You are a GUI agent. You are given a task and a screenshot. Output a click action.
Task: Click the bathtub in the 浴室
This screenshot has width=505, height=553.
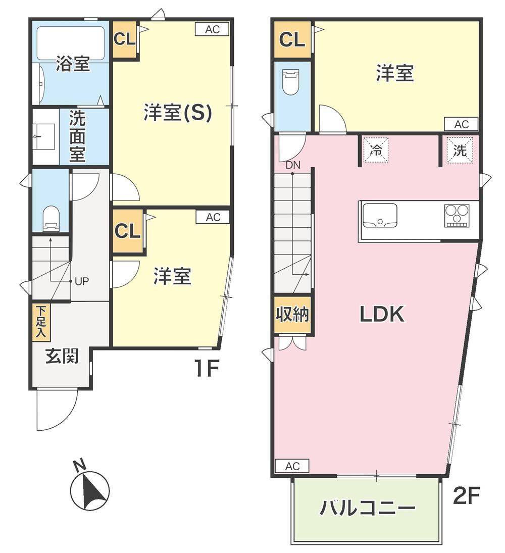point(71,43)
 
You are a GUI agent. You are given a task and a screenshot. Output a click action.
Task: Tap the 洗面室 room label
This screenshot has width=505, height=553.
point(77,136)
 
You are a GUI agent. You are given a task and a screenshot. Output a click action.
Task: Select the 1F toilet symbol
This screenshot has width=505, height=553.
point(51,219)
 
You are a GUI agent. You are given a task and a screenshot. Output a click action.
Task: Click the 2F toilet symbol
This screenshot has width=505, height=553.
point(291,82)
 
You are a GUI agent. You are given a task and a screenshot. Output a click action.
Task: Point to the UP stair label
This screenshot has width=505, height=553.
point(82,281)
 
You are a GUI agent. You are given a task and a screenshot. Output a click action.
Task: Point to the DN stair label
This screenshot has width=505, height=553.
point(293,165)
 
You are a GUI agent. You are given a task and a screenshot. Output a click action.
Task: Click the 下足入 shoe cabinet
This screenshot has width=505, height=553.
point(41,322)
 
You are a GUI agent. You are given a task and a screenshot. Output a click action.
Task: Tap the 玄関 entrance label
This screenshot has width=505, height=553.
point(62,357)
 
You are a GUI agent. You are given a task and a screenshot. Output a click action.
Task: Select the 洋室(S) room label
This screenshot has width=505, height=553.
point(178,112)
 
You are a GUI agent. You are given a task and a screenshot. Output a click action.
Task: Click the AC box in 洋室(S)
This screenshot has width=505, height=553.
point(212,29)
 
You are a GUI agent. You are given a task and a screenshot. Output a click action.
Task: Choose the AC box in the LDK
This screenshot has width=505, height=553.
point(292,466)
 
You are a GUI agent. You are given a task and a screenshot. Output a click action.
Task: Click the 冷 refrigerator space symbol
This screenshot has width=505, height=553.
point(376,150)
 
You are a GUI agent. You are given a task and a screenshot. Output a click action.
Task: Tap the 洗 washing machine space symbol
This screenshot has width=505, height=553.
point(460,150)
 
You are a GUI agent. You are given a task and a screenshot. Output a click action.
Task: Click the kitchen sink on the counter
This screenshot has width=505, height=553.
point(380,216)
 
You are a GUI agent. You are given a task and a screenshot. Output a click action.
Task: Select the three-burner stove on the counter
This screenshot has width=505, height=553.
point(457,216)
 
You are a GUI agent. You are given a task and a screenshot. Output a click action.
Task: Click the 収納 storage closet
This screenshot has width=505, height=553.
point(293,315)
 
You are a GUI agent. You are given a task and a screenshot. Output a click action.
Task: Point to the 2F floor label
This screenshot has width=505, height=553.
point(466,495)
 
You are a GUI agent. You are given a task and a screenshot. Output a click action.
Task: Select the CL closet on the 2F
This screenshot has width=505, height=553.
point(292,39)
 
